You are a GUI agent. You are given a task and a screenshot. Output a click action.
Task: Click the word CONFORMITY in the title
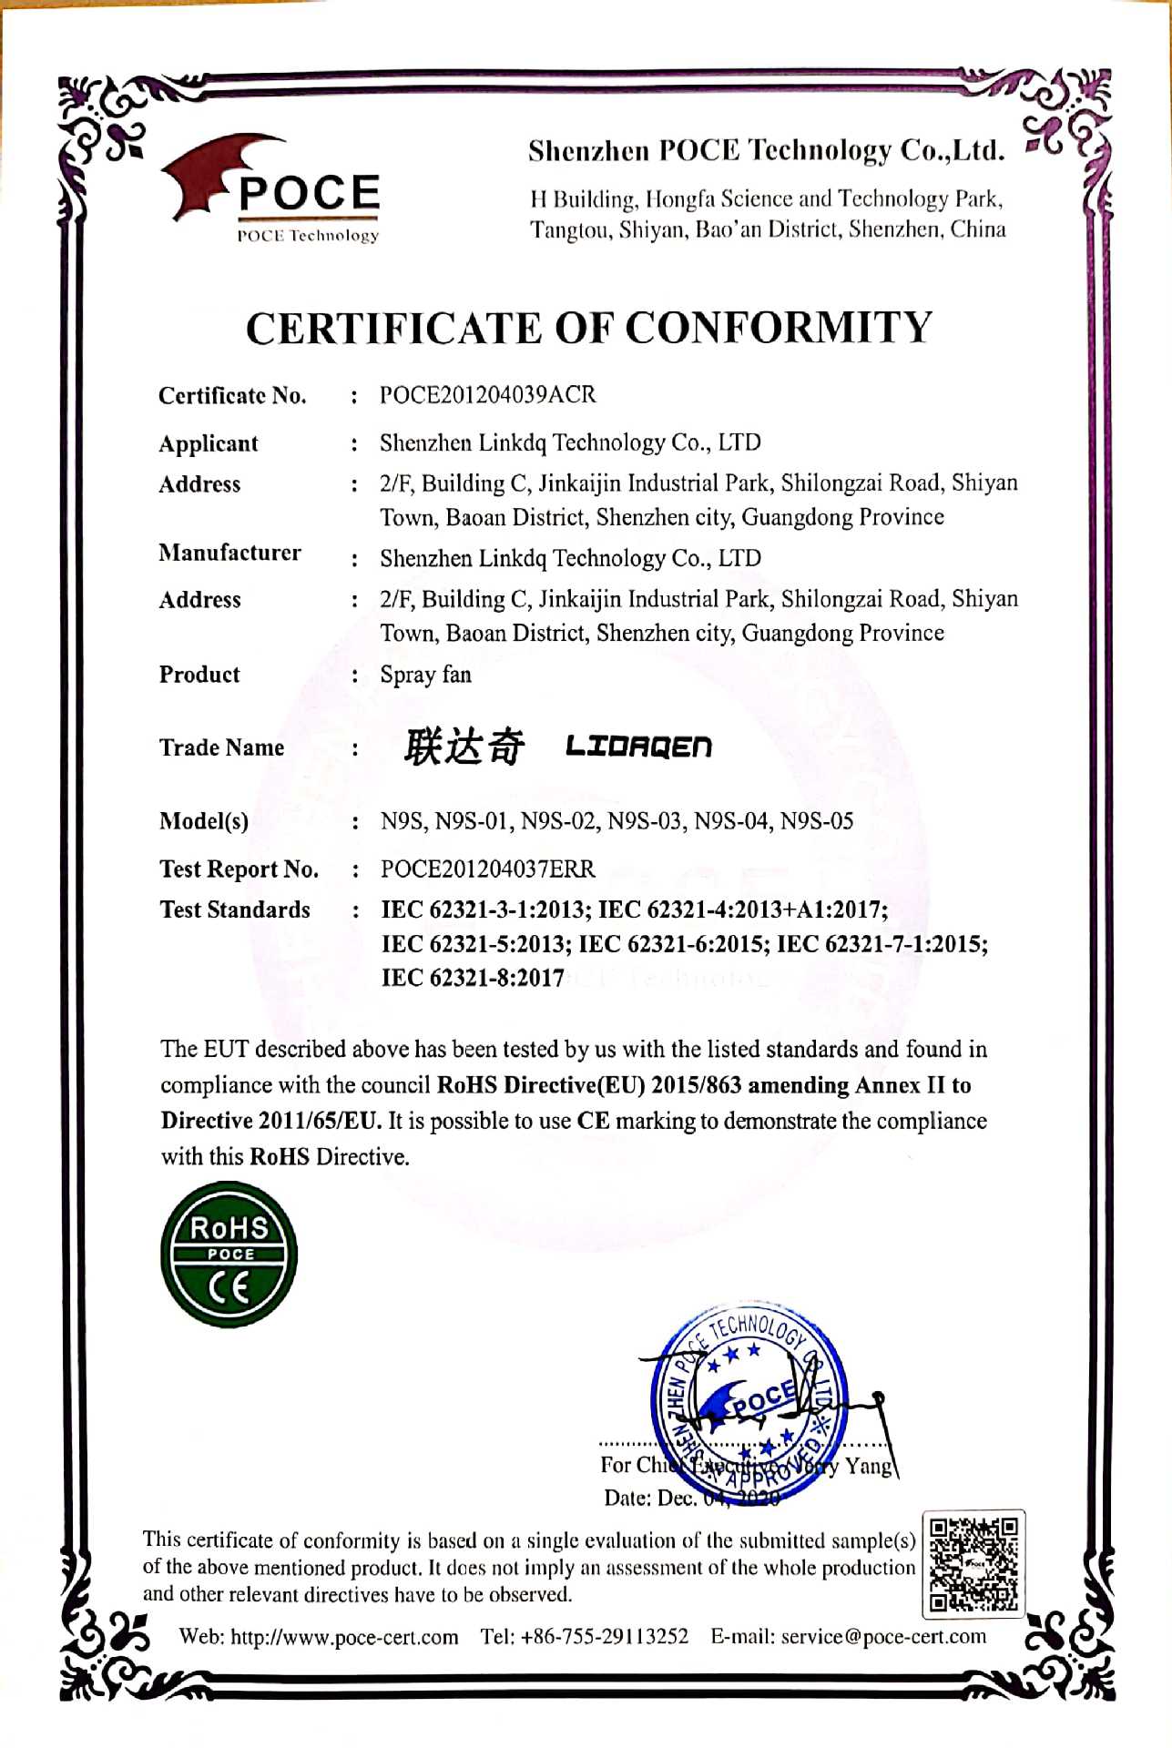(x=779, y=328)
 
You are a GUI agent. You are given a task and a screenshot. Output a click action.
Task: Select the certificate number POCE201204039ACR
(x=488, y=395)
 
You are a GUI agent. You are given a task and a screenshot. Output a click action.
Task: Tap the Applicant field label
(x=209, y=443)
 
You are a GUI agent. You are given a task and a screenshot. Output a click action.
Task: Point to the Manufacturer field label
(x=229, y=553)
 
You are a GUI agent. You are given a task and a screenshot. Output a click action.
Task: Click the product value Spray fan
(x=425, y=675)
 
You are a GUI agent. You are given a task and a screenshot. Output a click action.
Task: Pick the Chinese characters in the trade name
(x=464, y=747)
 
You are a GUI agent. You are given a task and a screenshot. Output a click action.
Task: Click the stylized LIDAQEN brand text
(x=638, y=747)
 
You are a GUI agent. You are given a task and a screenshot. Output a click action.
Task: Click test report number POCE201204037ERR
(x=488, y=869)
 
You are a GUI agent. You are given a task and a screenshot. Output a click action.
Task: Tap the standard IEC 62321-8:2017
(x=473, y=978)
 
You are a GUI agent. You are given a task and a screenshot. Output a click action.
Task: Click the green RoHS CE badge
(x=229, y=1255)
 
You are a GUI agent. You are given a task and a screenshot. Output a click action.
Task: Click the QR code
(x=973, y=1563)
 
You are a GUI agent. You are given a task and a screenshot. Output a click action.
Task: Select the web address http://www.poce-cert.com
(x=344, y=1637)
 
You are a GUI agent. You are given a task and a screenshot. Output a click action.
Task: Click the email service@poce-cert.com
(x=883, y=1637)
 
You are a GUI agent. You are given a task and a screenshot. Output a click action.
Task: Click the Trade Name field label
(x=221, y=747)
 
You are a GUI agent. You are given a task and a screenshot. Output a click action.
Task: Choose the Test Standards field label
(x=235, y=910)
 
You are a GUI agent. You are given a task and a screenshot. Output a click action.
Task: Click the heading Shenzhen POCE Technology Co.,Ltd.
(x=767, y=150)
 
